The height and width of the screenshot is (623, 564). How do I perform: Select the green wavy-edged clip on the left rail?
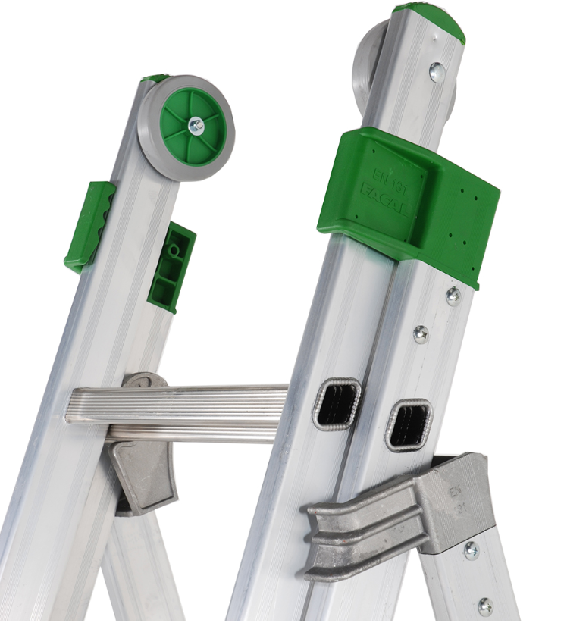pos(89,226)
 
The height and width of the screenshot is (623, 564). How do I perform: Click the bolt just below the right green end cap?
pos(437,72)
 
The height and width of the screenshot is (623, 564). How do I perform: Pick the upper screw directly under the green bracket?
pos(453,296)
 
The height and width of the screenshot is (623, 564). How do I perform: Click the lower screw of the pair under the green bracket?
pos(421,333)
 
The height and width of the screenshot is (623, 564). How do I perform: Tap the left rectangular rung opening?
pos(337,404)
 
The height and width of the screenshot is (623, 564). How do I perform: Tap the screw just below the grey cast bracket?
pos(471,549)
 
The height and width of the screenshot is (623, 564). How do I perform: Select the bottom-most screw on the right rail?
pos(484,606)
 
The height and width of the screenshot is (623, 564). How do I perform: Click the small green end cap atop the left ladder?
pos(155,78)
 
